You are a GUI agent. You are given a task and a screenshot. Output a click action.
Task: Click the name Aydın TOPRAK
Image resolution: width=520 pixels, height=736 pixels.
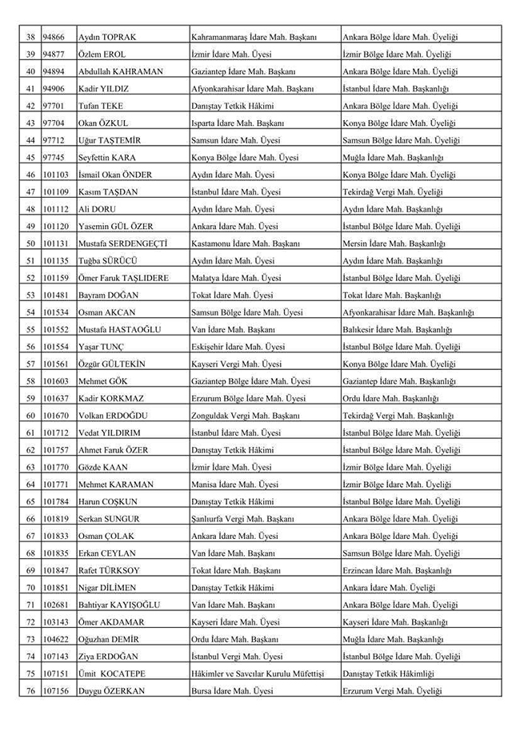(106, 37)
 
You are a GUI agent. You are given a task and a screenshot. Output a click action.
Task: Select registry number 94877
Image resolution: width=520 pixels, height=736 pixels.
(54, 54)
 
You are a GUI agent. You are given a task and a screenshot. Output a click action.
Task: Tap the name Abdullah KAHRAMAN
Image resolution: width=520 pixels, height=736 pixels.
(120, 71)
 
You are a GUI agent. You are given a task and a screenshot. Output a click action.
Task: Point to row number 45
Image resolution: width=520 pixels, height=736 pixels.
(30, 158)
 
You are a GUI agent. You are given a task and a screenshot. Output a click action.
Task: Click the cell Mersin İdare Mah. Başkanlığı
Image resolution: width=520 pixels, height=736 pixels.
(394, 243)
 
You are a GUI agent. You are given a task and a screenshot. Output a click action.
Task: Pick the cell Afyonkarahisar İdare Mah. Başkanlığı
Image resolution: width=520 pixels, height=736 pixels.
(408, 312)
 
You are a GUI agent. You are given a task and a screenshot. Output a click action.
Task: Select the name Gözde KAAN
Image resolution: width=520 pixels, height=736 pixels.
(103, 467)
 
